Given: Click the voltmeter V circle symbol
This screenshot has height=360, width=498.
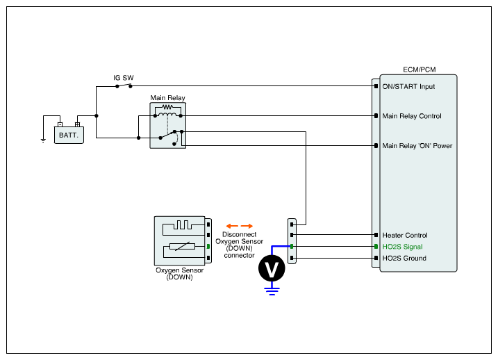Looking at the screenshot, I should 271,268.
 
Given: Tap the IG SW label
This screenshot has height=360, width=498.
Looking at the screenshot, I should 123,78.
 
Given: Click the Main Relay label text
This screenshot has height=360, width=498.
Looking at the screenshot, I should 167,98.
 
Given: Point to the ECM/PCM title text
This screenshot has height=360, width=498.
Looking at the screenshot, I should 419,69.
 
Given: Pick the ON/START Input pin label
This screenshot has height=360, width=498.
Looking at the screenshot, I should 408,87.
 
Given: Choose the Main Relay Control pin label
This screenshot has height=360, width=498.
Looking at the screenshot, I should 412,116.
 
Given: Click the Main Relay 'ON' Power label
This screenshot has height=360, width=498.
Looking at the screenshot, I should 417,146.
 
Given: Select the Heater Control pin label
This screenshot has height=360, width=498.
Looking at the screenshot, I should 405,236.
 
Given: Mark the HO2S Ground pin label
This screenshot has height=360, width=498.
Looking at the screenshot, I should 404,259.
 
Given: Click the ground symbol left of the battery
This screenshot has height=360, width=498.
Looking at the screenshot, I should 43,140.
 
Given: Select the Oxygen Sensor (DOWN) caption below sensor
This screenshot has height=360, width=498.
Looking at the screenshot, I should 179,273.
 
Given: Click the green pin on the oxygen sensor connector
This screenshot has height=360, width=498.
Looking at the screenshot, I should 208,247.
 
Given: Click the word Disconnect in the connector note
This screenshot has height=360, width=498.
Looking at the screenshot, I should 240,235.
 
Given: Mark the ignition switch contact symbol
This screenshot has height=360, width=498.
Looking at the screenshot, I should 123,85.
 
